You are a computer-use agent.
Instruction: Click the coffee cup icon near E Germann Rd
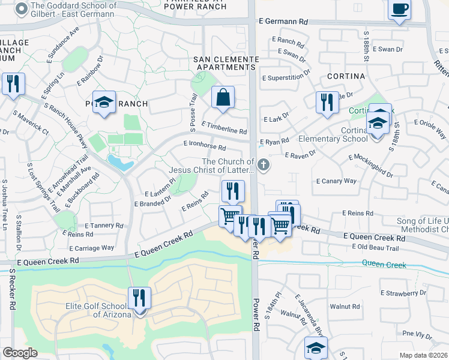[x=399, y=10]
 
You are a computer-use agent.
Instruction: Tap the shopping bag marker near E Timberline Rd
[x=223, y=97]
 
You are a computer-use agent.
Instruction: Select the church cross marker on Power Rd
[x=262, y=164]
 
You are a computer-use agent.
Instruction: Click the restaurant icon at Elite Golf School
[x=139, y=298]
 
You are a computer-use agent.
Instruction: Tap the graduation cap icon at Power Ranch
[x=104, y=101]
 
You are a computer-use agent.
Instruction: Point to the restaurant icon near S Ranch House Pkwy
[x=13, y=84]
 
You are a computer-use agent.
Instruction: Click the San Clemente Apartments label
[x=226, y=63]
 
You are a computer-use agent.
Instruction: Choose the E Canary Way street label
[x=336, y=181]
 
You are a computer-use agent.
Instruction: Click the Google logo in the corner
[x=20, y=353]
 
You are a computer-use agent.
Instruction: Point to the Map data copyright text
[x=424, y=355]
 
